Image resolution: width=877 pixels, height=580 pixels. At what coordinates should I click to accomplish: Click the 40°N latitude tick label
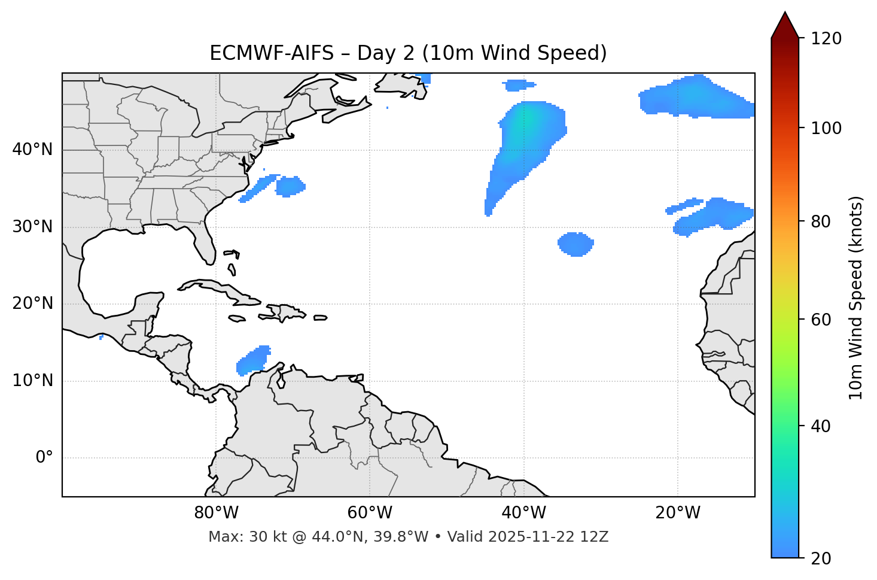(x=32, y=150)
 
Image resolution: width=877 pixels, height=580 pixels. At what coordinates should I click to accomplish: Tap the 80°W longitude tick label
(x=216, y=513)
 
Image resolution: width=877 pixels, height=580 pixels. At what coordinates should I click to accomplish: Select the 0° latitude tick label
(x=44, y=458)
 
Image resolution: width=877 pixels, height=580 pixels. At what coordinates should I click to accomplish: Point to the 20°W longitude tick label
(x=678, y=513)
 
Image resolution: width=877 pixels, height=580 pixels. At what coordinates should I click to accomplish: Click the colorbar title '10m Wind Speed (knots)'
(x=856, y=297)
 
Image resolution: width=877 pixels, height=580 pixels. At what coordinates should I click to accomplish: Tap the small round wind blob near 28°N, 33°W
(x=575, y=244)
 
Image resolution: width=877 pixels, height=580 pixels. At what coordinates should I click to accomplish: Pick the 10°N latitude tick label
(x=32, y=381)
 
